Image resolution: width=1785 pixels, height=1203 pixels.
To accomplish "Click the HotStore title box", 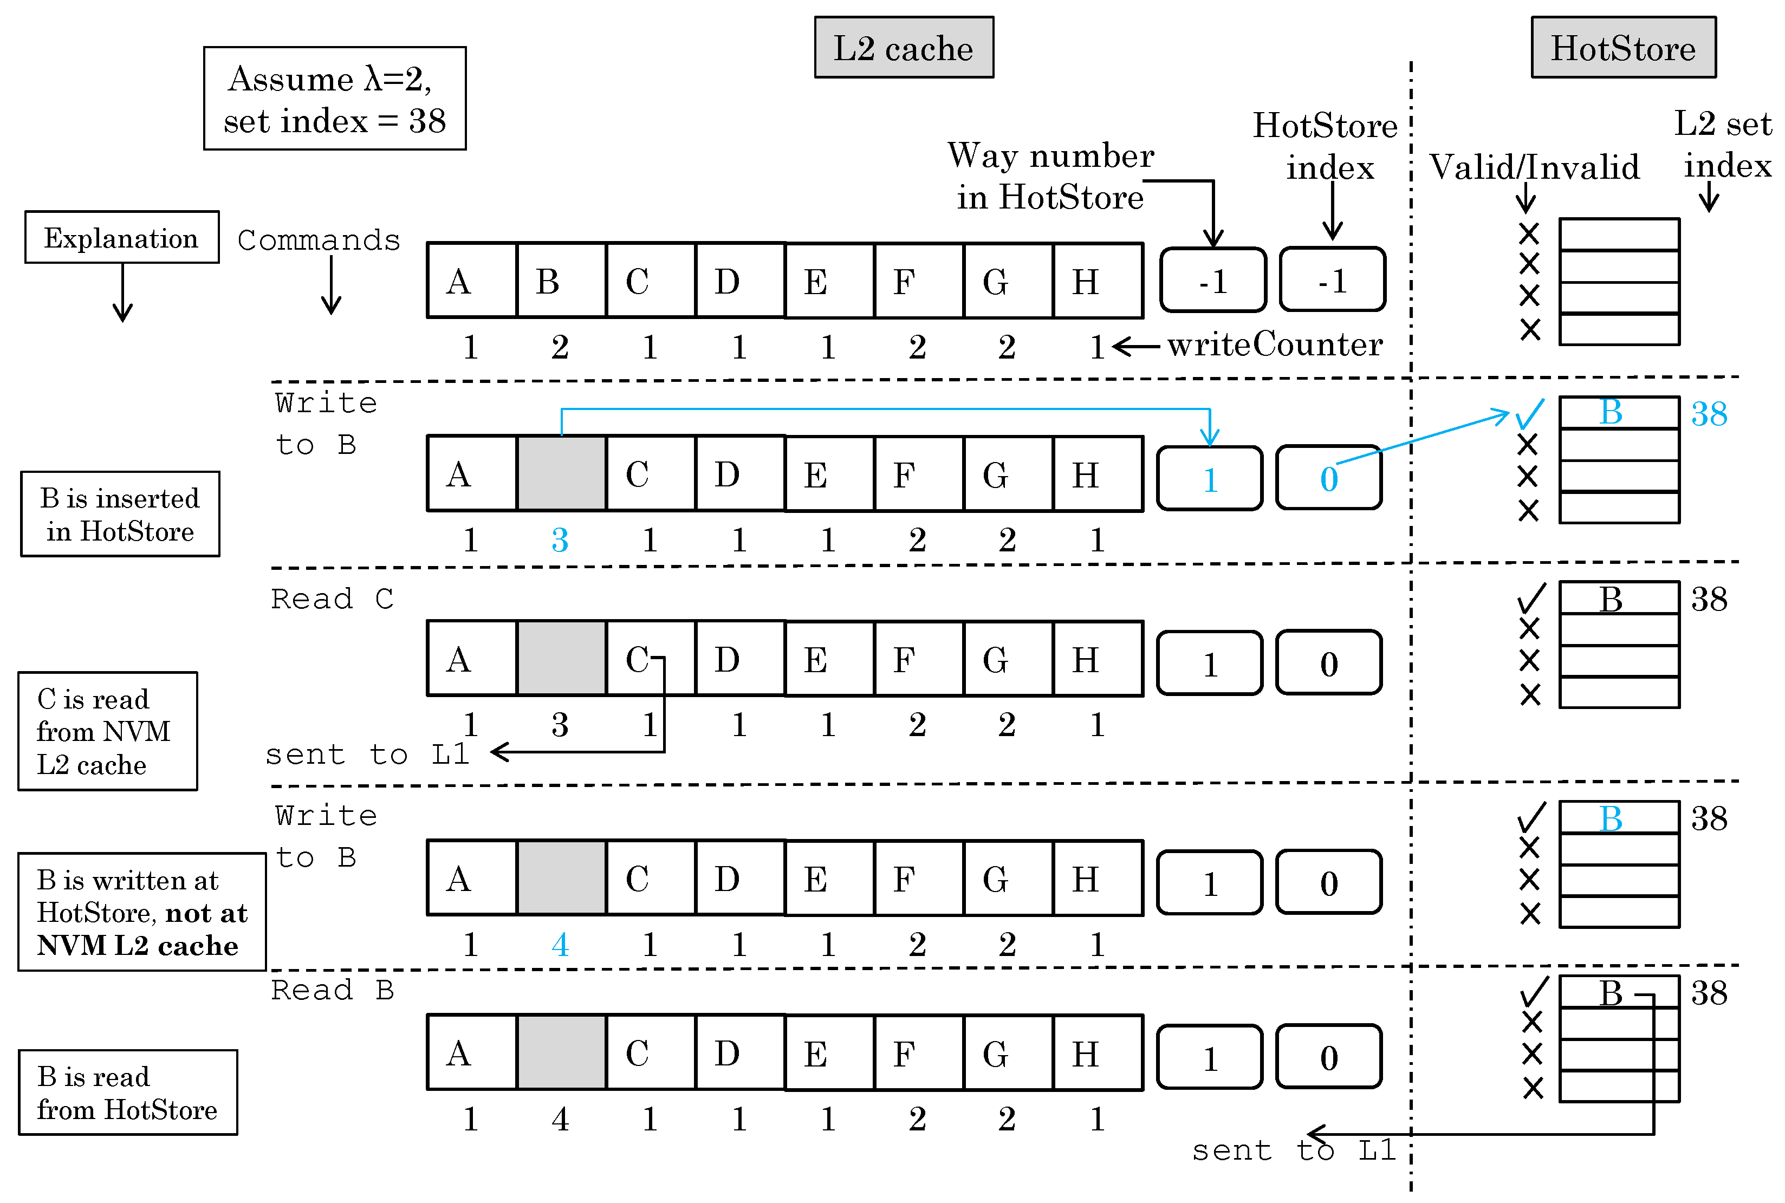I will (x=1622, y=48).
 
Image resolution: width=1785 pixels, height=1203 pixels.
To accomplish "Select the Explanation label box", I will (x=121, y=238).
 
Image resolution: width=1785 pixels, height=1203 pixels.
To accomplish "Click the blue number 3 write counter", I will (x=560, y=540).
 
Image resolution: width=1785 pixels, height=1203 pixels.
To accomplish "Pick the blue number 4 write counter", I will (x=560, y=945).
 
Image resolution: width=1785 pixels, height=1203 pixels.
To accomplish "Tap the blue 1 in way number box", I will (x=1210, y=479).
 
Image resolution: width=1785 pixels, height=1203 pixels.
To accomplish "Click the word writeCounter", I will (x=1274, y=344).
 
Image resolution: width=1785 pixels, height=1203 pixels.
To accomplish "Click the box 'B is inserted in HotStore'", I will (x=120, y=514).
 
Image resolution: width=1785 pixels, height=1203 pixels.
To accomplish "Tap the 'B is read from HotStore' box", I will (x=127, y=1093).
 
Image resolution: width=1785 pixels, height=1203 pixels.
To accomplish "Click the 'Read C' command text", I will (x=332, y=599).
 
